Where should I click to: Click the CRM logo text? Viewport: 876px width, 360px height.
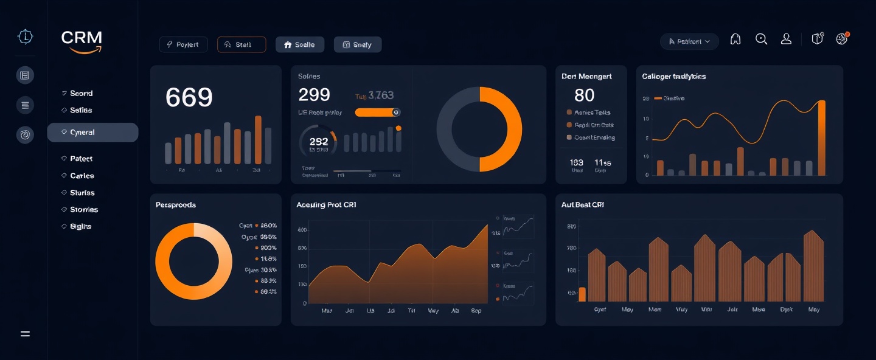pyautogui.click(x=82, y=38)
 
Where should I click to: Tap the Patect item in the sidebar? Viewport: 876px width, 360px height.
pyautogui.click(x=81, y=159)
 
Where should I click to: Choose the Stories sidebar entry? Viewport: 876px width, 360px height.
pyautogui.click(x=84, y=210)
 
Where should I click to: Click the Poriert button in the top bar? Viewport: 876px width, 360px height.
pyautogui.click(x=183, y=44)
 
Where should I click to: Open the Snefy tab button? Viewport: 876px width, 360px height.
pyautogui.click(x=358, y=44)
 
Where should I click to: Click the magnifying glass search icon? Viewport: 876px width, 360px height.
pyautogui.click(x=761, y=39)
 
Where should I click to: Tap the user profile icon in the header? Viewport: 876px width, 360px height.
pyautogui.click(x=786, y=39)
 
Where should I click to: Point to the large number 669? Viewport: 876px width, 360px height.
pyautogui.click(x=189, y=97)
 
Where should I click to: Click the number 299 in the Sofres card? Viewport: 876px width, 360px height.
pyautogui.click(x=314, y=95)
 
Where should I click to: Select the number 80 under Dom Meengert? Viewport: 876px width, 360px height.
pyautogui.click(x=584, y=95)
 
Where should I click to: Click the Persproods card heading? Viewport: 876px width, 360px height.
pyautogui.click(x=176, y=205)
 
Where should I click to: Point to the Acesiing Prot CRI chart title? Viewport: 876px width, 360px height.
pyautogui.click(x=326, y=205)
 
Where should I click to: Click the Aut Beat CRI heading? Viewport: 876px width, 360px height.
pyautogui.click(x=582, y=205)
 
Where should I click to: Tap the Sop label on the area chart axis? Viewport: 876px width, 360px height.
pyautogui.click(x=476, y=311)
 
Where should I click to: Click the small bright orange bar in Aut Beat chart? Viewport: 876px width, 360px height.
pyautogui.click(x=582, y=294)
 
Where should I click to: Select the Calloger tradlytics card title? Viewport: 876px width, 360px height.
pyautogui.click(x=674, y=77)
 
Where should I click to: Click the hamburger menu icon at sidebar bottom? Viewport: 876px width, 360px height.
pyautogui.click(x=25, y=334)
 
